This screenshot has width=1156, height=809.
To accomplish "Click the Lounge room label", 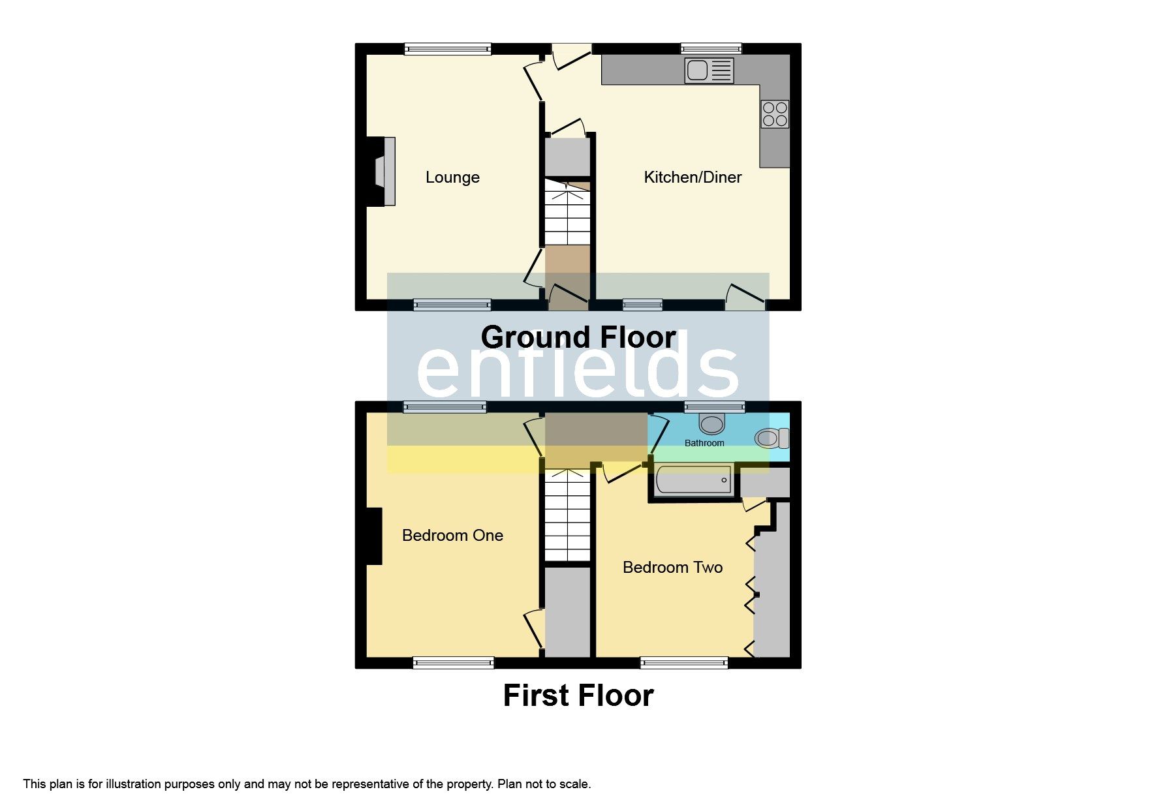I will click(452, 177).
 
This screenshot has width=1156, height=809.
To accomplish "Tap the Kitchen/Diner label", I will click(693, 177).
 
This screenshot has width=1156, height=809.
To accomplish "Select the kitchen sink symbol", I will click(709, 70).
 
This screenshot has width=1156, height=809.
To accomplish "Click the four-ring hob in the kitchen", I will click(775, 114).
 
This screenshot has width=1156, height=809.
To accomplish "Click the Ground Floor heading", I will click(578, 338).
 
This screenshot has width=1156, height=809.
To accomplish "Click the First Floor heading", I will click(578, 695).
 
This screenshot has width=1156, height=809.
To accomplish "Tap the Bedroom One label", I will click(452, 536).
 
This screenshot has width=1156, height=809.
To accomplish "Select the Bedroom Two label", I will click(672, 568).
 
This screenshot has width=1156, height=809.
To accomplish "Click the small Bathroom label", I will click(704, 443).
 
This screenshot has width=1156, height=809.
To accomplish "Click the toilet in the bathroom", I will click(772, 438).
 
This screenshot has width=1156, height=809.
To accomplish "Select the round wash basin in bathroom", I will click(711, 424).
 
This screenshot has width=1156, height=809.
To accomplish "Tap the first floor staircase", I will click(567, 515).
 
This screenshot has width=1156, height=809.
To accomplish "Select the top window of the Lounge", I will click(447, 48).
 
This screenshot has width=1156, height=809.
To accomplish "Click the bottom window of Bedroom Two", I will click(684, 664).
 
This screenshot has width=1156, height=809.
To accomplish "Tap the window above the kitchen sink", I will click(711, 48).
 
